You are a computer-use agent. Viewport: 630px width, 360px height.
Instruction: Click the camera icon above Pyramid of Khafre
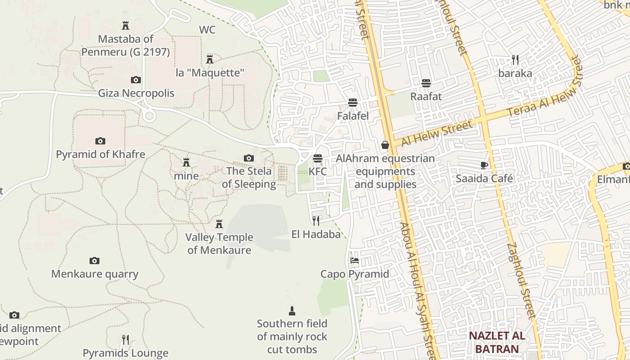pos(100,141)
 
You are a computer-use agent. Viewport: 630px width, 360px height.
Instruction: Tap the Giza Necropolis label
pos(136,94)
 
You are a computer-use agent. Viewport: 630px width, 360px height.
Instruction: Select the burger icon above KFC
pos(318,158)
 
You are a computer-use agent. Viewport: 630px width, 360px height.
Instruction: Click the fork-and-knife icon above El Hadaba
pos(316,220)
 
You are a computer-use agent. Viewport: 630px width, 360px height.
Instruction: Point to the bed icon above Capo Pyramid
pos(355,260)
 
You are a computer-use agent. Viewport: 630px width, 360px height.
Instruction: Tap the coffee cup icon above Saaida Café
pos(484,165)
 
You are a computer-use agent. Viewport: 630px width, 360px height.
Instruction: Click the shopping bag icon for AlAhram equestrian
pos(385,145)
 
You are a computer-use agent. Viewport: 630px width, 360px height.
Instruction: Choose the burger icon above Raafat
pos(426,83)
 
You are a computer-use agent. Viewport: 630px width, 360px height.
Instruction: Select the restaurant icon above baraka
pos(515,59)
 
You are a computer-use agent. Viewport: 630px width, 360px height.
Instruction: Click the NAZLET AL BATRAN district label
pos(497,342)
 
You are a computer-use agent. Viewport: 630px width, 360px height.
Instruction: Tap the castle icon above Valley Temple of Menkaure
pos(219,224)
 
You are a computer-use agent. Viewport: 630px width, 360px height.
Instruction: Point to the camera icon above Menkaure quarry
pos(94,261)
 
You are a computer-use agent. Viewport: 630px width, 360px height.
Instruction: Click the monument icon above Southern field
pos(292,310)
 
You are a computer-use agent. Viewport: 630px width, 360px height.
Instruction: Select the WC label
pos(207,30)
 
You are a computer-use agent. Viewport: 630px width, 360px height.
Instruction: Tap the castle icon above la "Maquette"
pos(210,59)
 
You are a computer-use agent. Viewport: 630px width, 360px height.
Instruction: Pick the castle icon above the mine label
pos(186,162)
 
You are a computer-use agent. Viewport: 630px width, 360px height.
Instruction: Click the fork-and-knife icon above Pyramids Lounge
pos(126,339)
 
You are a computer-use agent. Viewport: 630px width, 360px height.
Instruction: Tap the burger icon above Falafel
pos(353,103)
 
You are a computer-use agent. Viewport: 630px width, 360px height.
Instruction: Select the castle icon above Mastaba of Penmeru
pos(126,26)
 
